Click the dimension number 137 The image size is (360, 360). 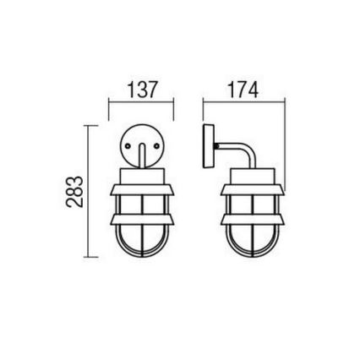click(142, 90)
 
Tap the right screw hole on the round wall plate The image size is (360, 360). click(155, 145)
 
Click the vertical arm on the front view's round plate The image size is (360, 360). click(141, 155)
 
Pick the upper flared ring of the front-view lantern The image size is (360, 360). click(141, 188)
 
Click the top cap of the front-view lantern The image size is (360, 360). click(141, 174)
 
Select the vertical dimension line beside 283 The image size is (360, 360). click(88, 193)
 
